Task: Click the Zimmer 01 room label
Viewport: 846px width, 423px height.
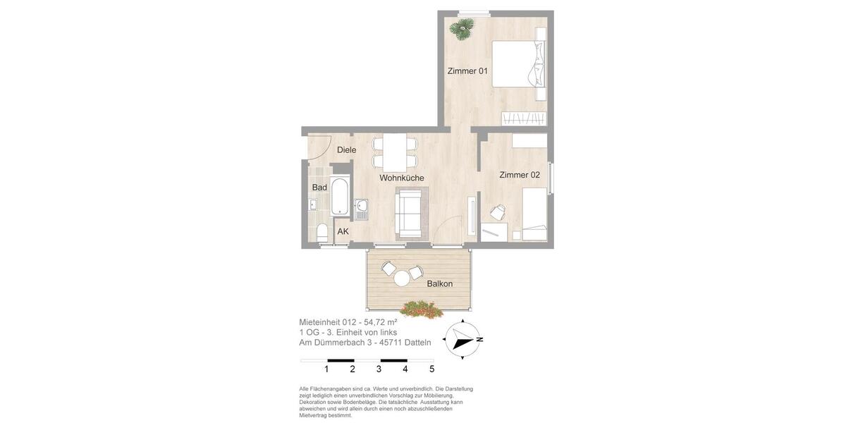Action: point(467,70)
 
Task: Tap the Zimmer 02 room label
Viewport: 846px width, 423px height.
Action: point(520,175)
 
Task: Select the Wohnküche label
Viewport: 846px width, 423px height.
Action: point(402,178)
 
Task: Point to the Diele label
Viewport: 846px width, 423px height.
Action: point(346,149)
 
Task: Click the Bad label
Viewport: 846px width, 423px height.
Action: point(319,188)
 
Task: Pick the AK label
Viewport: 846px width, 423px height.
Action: point(343,231)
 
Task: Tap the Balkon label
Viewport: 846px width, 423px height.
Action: point(439,284)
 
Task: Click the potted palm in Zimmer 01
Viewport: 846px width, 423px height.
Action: point(462,29)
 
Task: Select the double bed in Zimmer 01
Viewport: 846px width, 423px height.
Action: point(519,64)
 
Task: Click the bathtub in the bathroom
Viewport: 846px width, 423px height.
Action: point(339,196)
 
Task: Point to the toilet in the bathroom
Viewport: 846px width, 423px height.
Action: point(322,232)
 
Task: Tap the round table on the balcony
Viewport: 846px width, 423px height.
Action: point(402,278)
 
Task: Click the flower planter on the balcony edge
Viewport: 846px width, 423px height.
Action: point(421,309)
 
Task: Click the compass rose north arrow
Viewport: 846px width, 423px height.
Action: point(462,340)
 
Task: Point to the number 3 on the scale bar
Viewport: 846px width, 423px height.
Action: point(379,369)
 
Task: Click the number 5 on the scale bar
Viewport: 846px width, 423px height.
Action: point(431,369)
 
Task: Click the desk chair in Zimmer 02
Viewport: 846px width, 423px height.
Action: point(498,212)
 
